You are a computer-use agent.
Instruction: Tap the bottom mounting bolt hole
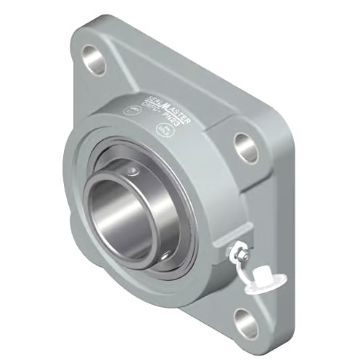click(245, 316)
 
